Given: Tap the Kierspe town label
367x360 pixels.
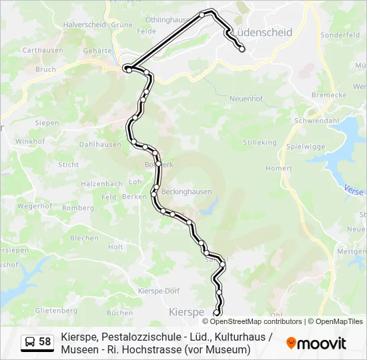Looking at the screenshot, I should click(186, 312).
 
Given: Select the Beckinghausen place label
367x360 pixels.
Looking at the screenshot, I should click(186, 192).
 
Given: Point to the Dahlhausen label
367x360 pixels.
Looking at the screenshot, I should click(100, 144).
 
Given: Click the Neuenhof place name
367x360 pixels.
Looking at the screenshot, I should click(246, 99).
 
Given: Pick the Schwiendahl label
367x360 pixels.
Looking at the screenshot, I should click(316, 121).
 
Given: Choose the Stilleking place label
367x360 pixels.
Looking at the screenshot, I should click(260, 143).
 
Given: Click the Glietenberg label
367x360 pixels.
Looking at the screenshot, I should click(57, 311).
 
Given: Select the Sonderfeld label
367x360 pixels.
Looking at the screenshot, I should click(340, 35).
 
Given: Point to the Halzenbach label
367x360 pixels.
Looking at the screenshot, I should click(101, 184).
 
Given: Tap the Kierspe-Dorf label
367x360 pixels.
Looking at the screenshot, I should click(159, 291).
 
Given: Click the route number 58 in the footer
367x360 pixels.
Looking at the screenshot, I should click(45, 342).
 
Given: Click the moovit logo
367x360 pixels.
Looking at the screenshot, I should click(316, 343).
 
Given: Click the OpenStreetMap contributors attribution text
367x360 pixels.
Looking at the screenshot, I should click(247, 321).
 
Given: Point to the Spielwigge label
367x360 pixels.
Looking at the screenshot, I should click(305, 146).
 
